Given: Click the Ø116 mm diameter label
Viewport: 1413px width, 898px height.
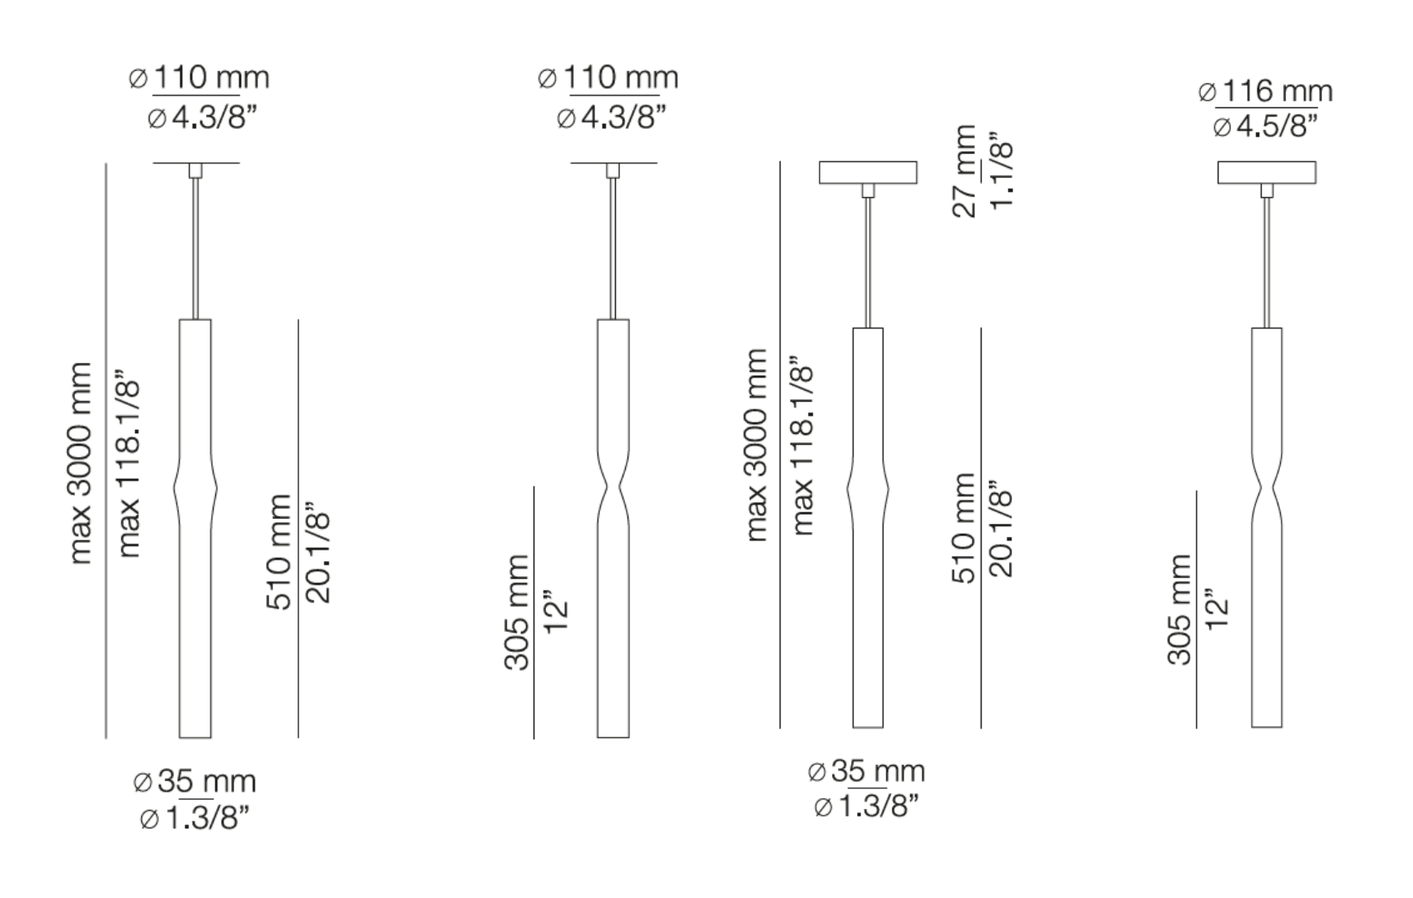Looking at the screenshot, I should (1265, 91).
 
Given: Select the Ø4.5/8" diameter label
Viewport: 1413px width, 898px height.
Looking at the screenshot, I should (1265, 127).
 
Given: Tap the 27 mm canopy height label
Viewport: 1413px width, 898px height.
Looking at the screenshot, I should (964, 171).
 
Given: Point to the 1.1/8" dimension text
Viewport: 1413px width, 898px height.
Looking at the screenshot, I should (1002, 173).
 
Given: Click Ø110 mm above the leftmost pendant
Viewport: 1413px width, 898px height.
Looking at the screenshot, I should (199, 78).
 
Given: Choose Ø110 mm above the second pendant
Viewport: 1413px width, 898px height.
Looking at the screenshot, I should (608, 78).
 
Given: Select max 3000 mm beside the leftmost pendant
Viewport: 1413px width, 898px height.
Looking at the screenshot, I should (81, 463).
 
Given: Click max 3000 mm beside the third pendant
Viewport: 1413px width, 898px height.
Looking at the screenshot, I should (756, 445).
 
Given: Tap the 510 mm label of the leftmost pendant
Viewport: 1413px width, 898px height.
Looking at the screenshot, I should (279, 551).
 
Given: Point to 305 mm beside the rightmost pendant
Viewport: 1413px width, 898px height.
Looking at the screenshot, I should (1179, 609).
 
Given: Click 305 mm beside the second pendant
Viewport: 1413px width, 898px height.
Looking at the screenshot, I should (517, 612).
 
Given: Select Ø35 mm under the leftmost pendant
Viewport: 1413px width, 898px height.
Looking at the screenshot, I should (194, 782).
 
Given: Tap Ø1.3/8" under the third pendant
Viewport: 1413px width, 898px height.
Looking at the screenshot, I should (866, 807).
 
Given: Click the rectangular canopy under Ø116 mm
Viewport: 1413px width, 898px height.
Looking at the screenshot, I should (1266, 172).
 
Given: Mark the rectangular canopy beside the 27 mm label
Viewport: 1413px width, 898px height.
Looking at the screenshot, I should (868, 172).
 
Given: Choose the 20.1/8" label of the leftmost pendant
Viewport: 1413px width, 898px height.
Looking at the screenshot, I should (318, 551).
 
